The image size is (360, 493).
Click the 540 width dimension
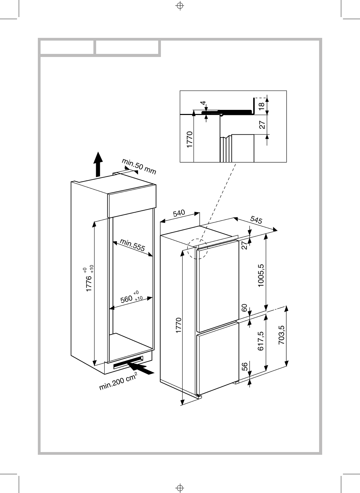pyautogui.click(x=179, y=214)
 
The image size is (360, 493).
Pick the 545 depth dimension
pyautogui.click(x=256, y=220)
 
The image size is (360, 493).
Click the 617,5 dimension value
pyautogui.click(x=261, y=341)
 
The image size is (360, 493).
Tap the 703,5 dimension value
pyautogui.click(x=281, y=335)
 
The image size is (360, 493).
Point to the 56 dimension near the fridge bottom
pyautogui.click(x=244, y=367)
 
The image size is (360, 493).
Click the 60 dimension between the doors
pyautogui.click(x=244, y=308)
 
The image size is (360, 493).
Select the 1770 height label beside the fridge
pyautogui.click(x=178, y=326)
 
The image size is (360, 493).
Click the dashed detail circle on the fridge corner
pyautogui.click(x=198, y=248)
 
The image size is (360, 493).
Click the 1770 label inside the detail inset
pyautogui.click(x=190, y=139)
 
